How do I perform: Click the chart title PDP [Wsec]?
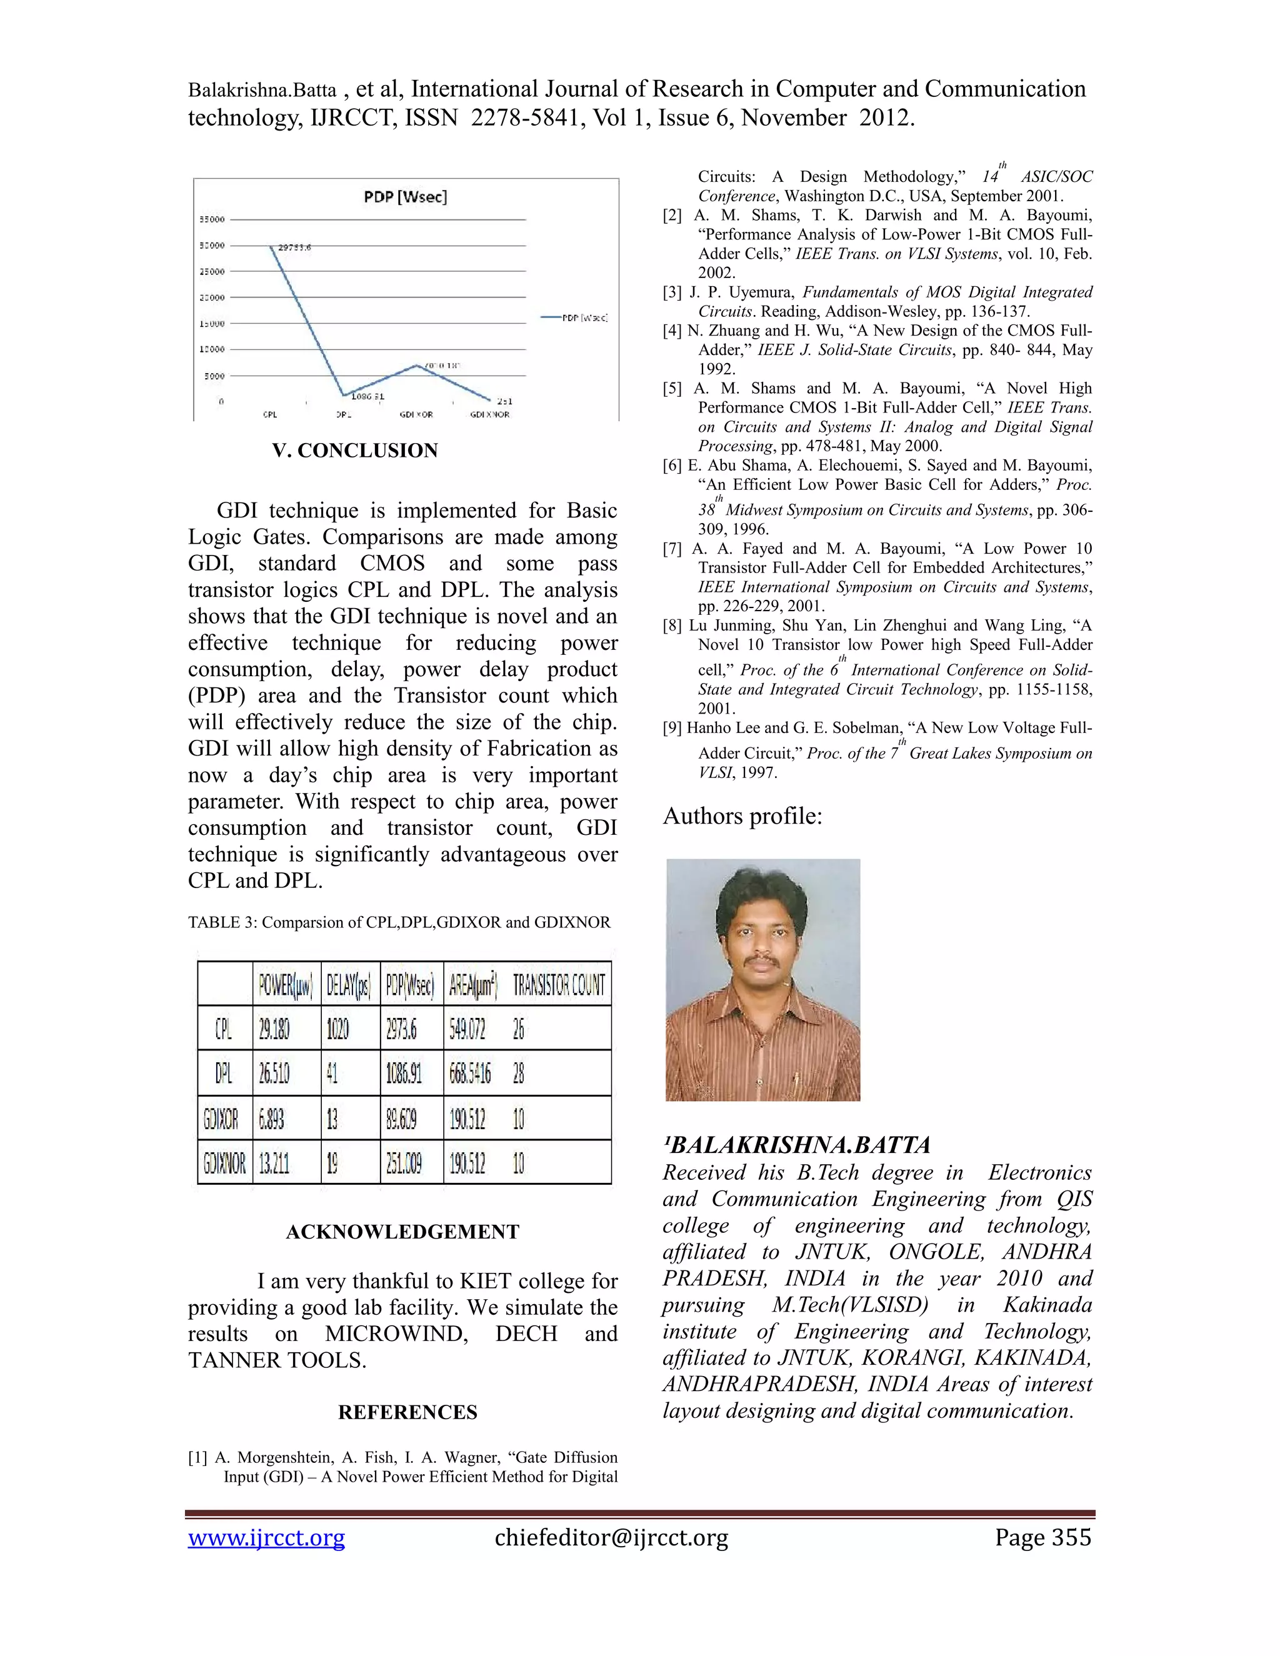click(x=406, y=197)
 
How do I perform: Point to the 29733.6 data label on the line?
click(x=294, y=247)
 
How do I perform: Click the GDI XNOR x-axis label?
click(x=490, y=415)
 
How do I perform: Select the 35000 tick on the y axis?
click(x=212, y=220)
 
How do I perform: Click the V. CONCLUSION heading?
click(x=355, y=451)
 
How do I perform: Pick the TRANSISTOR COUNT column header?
click(x=559, y=985)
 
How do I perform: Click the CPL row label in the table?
click(x=224, y=1029)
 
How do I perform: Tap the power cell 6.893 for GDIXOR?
click(x=273, y=1119)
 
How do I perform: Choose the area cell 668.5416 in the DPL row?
click(x=470, y=1074)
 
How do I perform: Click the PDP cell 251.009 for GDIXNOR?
click(x=402, y=1163)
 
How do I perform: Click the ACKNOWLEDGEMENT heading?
click(x=402, y=1232)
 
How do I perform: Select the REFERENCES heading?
click(x=408, y=1413)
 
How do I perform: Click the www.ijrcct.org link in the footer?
click(x=266, y=1538)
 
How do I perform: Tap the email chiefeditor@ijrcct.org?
click(x=611, y=1538)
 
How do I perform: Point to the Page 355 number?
click(x=1042, y=1538)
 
